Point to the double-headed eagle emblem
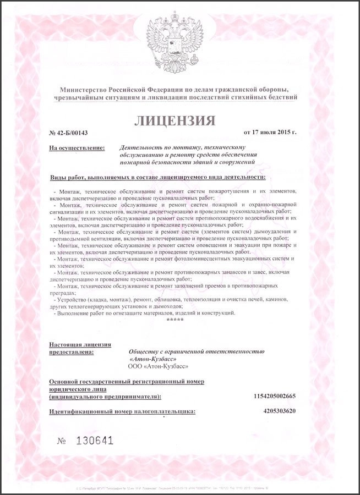click(179, 38)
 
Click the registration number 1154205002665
click(275, 395)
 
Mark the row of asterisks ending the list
click(175, 320)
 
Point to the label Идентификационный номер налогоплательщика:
click(122, 411)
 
